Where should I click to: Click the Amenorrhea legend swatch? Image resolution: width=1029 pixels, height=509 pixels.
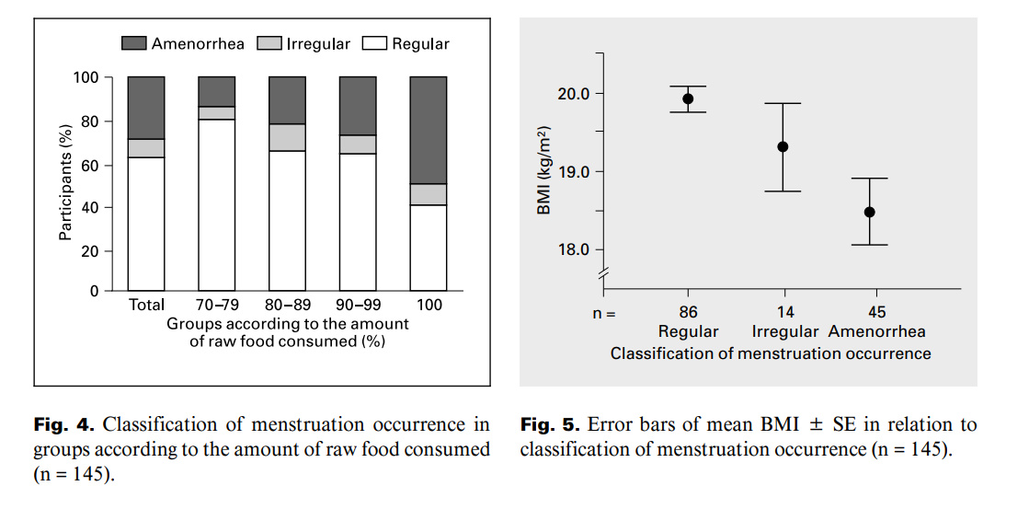(x=134, y=43)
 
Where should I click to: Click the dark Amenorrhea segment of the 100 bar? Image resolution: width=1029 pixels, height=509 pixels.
(x=429, y=130)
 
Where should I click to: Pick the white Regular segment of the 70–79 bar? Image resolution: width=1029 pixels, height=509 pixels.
(x=217, y=204)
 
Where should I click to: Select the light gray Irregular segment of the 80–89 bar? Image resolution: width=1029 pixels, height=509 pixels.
(x=287, y=137)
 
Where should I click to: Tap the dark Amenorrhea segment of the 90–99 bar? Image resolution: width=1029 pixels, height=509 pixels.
(x=358, y=106)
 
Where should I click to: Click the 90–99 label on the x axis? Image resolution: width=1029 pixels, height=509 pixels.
(x=358, y=305)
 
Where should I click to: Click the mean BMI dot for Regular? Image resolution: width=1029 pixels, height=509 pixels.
(x=688, y=98)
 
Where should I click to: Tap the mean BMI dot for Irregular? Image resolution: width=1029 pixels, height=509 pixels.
(x=783, y=146)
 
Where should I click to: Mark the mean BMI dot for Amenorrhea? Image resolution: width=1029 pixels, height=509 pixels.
(x=869, y=212)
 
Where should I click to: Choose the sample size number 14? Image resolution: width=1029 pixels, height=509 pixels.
(x=784, y=312)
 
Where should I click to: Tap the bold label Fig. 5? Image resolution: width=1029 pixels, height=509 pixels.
(x=549, y=425)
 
